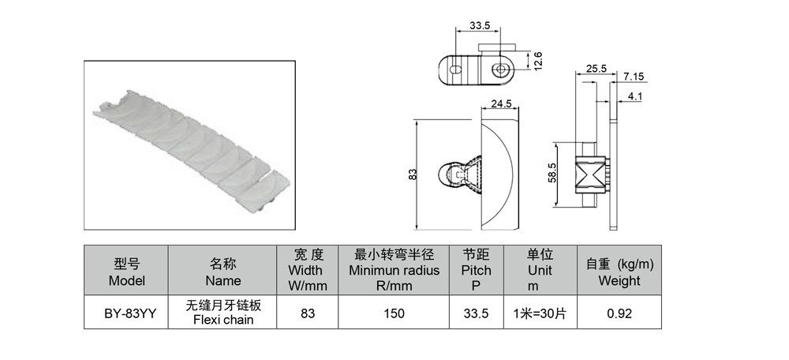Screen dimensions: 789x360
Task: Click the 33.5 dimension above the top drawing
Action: (480, 25)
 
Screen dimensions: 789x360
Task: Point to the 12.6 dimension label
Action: (537, 62)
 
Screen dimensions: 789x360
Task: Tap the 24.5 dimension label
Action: (501, 103)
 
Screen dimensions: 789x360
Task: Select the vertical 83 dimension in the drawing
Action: (413, 174)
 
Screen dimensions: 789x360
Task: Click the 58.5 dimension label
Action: (552, 173)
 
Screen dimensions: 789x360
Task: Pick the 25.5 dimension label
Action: (596, 69)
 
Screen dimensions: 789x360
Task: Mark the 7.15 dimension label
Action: (634, 77)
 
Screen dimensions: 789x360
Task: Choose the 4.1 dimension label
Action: (635, 96)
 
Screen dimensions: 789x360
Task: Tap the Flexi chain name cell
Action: (223, 312)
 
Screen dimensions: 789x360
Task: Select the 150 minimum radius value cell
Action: (394, 313)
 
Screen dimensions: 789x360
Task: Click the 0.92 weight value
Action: (619, 313)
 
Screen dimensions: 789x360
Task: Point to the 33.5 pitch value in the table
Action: (476, 313)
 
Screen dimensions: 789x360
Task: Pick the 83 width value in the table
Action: (308, 313)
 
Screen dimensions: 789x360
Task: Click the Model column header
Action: (126, 272)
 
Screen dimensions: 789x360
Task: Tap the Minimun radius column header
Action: (394, 270)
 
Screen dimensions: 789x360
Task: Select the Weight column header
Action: (619, 272)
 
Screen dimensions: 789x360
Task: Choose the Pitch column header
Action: (476, 270)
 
